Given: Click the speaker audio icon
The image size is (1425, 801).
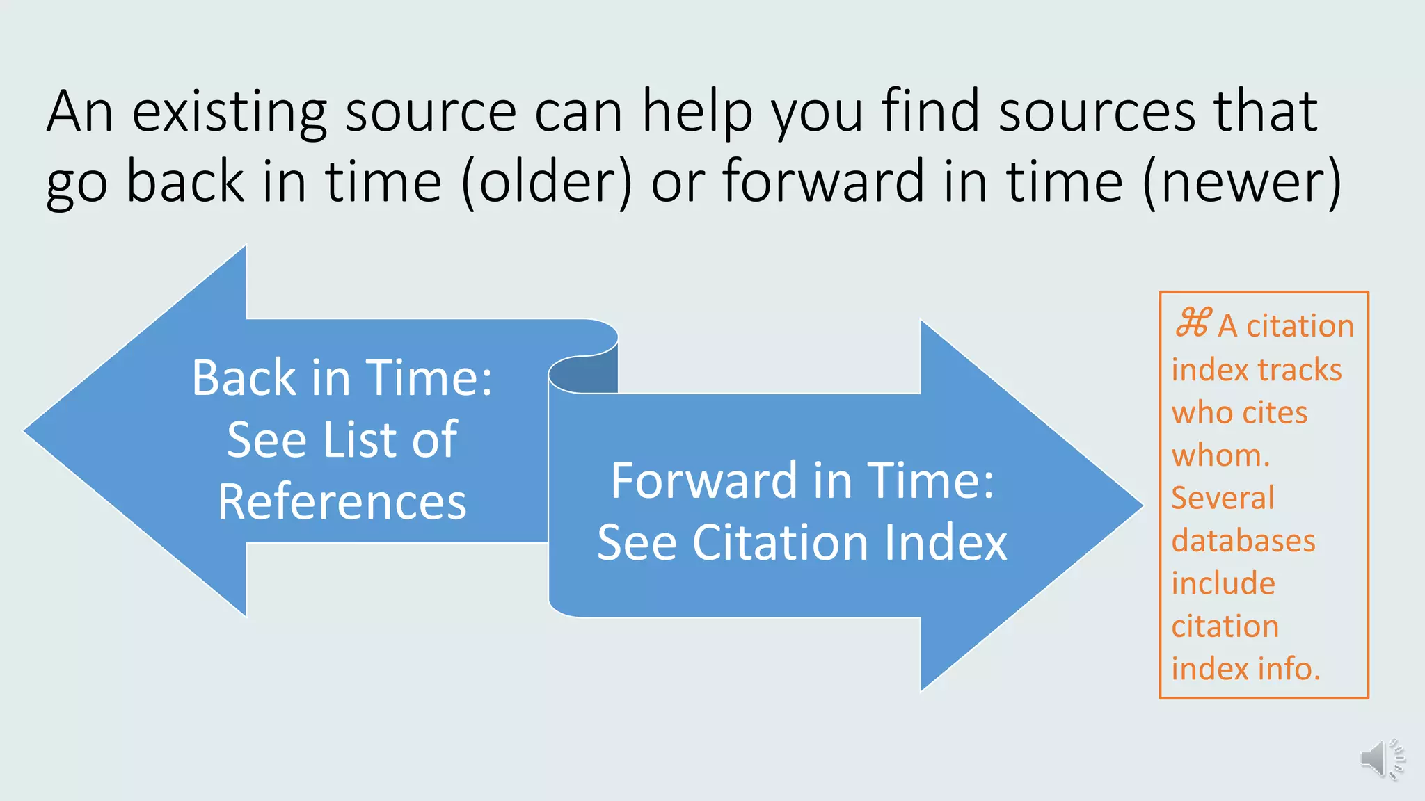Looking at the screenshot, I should tap(1381, 759).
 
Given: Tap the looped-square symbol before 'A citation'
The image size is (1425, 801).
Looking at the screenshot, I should tap(1193, 323).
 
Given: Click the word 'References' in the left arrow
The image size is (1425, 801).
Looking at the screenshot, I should tap(342, 502).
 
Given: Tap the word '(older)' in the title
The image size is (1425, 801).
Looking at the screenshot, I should tap(547, 181).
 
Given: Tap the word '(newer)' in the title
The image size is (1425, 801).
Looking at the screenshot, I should tap(1242, 181).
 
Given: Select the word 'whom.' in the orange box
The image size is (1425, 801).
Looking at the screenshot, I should tap(1220, 455).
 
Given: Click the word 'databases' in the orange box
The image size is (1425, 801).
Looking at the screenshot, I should tap(1243, 541).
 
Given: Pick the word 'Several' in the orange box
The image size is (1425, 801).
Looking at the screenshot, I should tap(1223, 498).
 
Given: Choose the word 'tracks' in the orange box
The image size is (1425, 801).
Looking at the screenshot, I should tap(1299, 370).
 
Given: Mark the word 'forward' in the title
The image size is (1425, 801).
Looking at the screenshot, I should tap(823, 181).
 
